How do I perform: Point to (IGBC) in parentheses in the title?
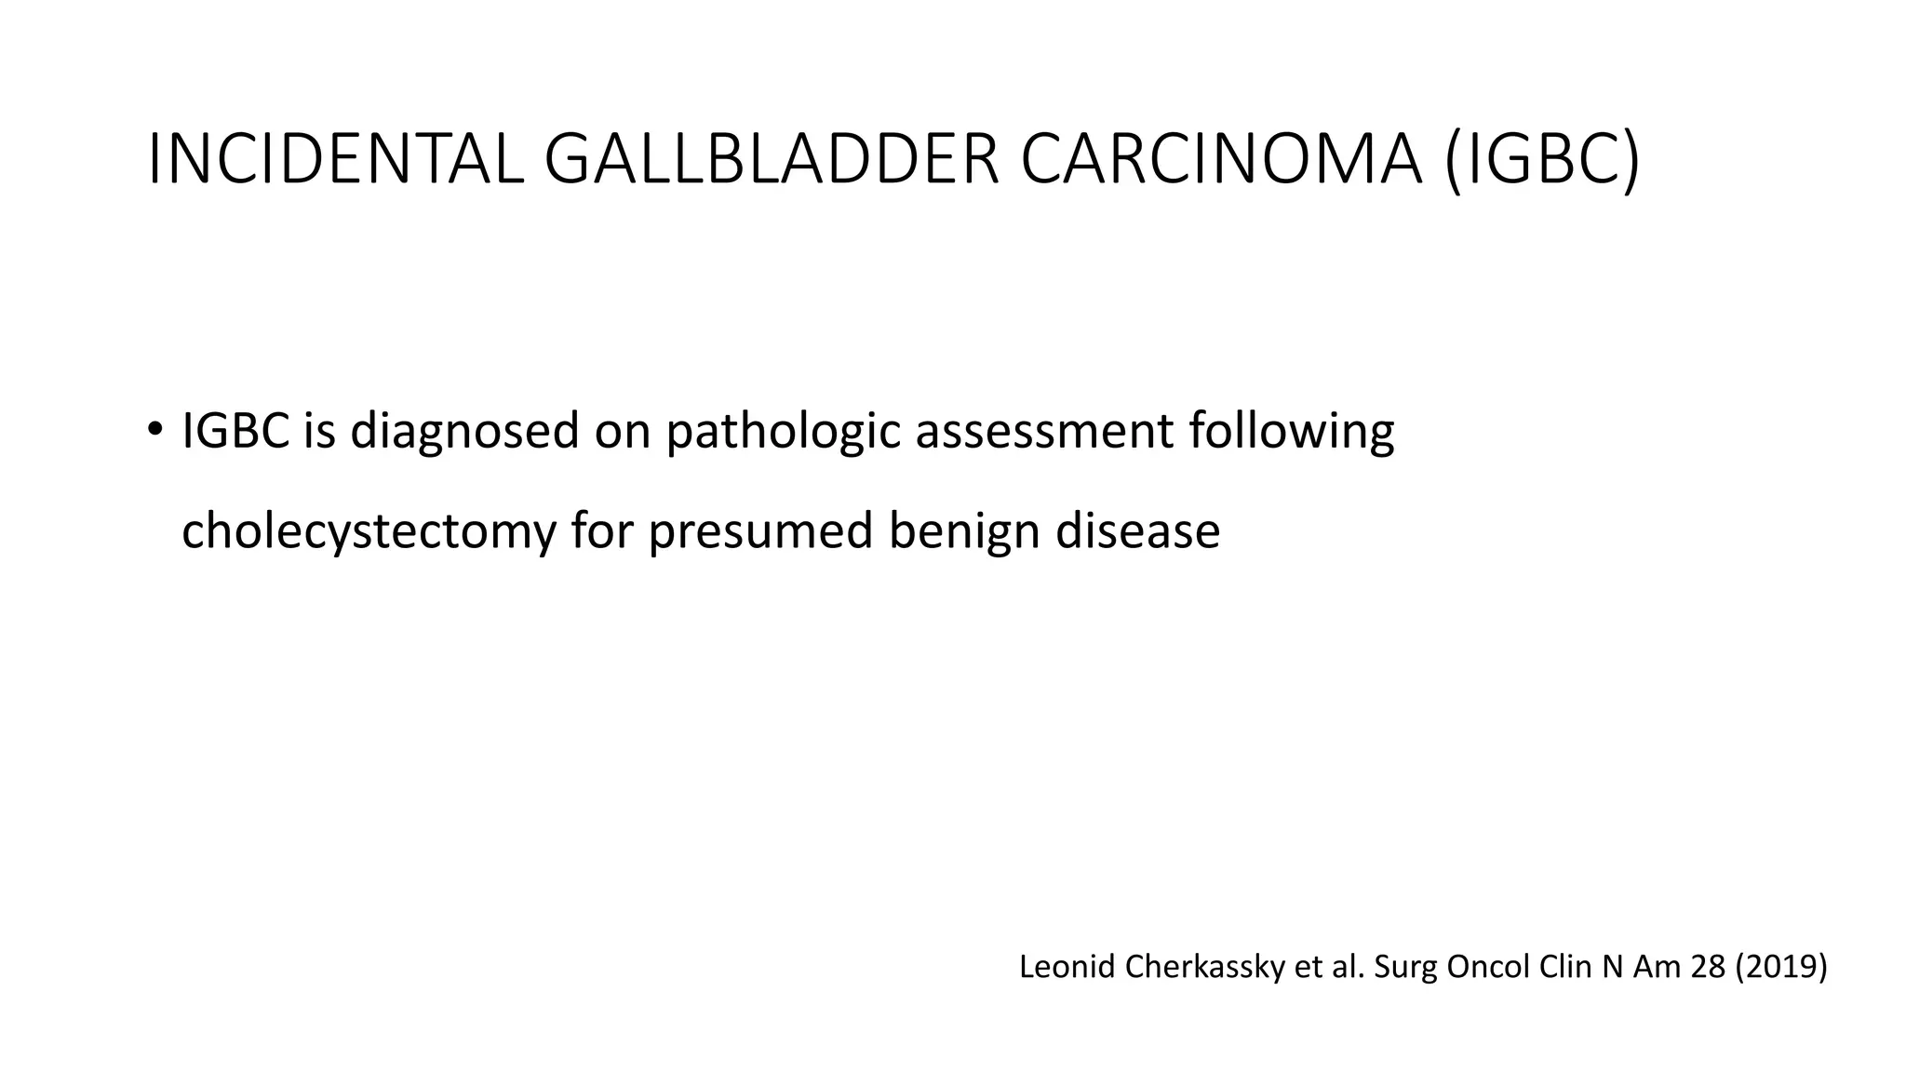1543,160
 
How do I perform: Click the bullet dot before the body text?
154,430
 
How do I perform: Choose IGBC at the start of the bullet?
236,431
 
